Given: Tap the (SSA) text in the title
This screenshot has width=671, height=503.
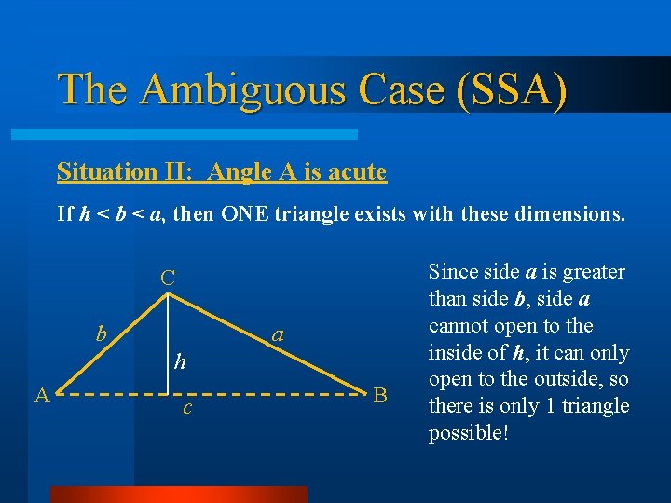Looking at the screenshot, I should [511, 89].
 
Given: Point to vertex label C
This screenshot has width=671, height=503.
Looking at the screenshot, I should [167, 278].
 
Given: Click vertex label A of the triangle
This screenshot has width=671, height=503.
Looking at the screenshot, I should [41, 395].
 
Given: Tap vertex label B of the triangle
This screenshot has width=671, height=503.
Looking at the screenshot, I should [379, 395].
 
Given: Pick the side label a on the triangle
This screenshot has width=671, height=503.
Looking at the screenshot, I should [276, 334].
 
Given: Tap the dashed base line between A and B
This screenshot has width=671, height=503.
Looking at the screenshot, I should [280, 394].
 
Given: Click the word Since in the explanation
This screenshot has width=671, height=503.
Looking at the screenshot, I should [449, 272].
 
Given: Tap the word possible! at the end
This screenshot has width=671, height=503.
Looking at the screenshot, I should [468, 433].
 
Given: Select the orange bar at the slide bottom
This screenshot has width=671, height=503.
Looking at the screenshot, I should [178, 494].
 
